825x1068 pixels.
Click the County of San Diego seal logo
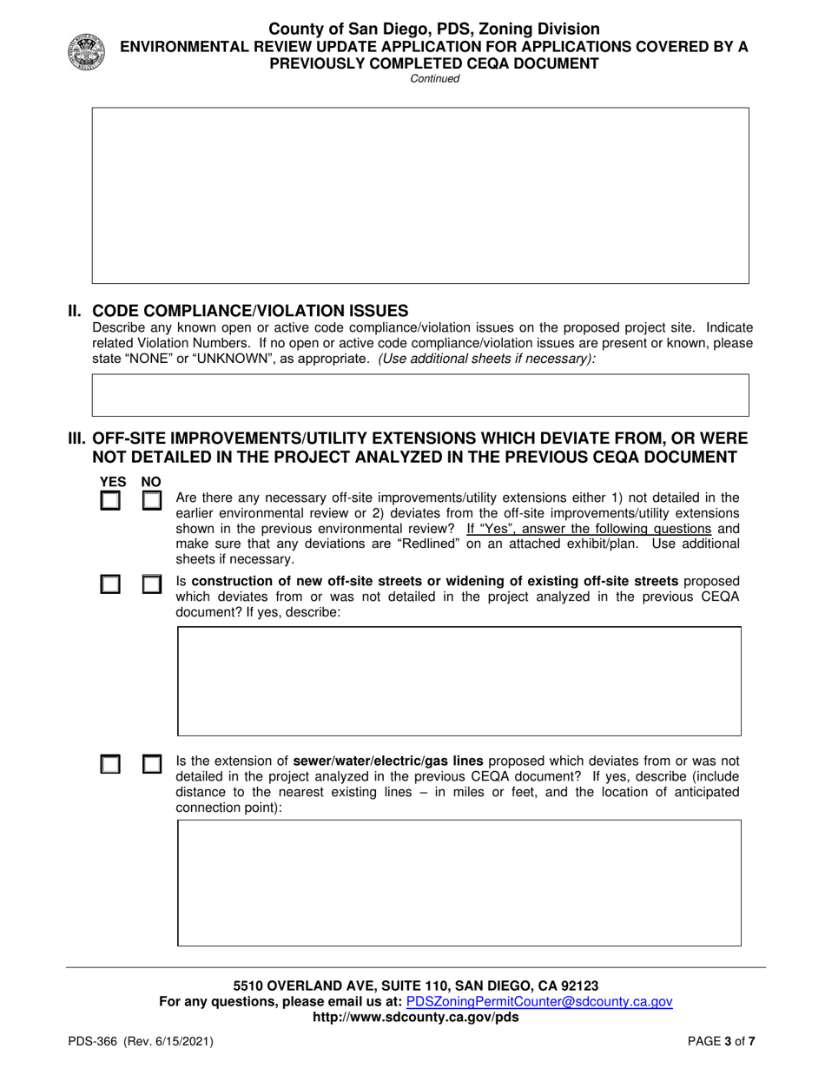[85, 52]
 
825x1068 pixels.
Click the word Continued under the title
[434, 79]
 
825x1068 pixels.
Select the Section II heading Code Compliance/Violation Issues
[249, 311]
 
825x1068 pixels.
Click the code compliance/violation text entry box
[420, 395]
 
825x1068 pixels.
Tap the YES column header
[113, 482]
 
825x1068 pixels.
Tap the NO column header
[151, 482]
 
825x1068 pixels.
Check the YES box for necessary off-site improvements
[110, 501]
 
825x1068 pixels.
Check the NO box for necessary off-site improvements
[152, 501]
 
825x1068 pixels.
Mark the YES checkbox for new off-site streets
[110, 584]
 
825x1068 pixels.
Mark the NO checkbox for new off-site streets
[152, 584]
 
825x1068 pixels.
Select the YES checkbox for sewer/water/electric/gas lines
[110, 764]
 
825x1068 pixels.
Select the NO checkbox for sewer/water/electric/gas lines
[152, 764]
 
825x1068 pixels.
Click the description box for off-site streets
[459, 681]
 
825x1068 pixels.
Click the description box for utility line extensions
[459, 882]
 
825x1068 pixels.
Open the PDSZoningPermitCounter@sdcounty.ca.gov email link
[539, 1001]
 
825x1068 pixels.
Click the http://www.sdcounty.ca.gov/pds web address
[415, 1017]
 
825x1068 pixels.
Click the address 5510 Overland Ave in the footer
[415, 986]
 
